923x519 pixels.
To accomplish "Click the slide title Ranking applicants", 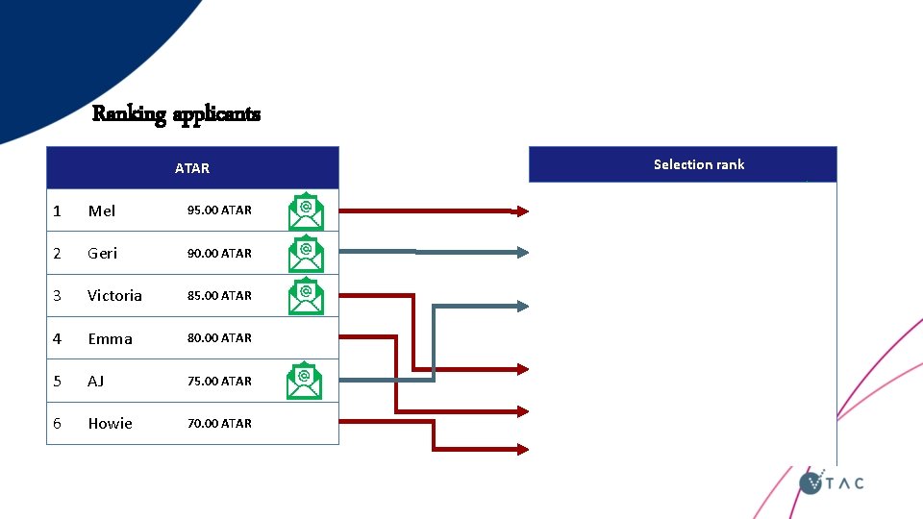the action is (176, 114).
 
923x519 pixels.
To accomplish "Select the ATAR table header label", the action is (192, 168).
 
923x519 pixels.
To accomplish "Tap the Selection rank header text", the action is (699, 164).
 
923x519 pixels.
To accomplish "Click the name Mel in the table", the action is (101, 210).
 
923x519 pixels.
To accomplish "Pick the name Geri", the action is (102, 253).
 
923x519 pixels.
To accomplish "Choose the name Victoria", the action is (114, 295).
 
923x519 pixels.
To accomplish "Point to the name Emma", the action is (110, 338).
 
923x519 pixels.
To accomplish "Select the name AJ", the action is (95, 381).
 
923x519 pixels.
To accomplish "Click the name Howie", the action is (110, 423).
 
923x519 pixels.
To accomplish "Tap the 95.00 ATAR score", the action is (219, 210).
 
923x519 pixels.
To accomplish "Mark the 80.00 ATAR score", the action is (219, 338).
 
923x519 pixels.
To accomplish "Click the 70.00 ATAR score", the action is (219, 423).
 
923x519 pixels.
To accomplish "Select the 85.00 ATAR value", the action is (219, 295).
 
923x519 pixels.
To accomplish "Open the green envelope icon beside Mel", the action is (307, 212).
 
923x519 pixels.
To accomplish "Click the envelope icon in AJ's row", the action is (305, 382).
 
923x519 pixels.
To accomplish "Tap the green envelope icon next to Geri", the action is (307, 255).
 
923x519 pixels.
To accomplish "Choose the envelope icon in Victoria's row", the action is (307, 297).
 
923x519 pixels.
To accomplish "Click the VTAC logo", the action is (832, 482).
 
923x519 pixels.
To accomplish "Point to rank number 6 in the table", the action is (58, 423).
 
